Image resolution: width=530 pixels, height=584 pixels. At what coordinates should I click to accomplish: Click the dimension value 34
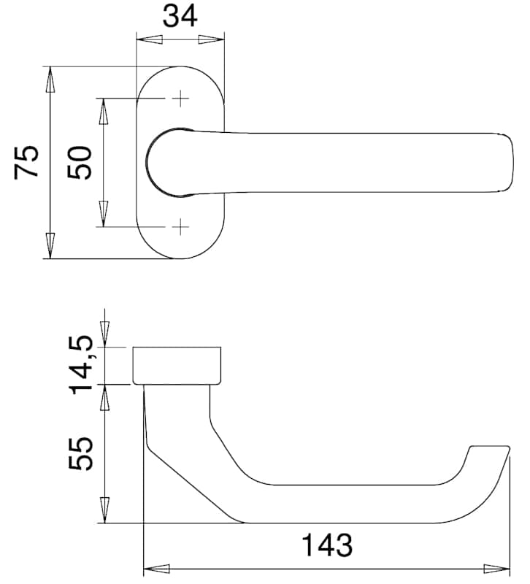[180, 17]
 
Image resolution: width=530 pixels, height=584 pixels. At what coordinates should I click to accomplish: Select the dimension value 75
[26, 162]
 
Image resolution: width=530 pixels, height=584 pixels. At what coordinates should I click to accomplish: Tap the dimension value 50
[80, 163]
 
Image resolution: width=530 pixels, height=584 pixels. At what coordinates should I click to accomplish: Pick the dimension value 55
[80, 453]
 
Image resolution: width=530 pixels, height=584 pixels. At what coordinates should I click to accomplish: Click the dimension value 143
[326, 545]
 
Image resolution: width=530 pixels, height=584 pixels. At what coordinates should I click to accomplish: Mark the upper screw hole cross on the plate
[180, 99]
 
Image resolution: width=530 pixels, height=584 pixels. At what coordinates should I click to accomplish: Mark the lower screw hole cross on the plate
[180, 226]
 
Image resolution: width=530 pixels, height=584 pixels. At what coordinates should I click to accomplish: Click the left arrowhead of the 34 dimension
[150, 39]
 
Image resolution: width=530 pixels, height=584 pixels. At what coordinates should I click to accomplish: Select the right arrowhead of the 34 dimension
[212, 39]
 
